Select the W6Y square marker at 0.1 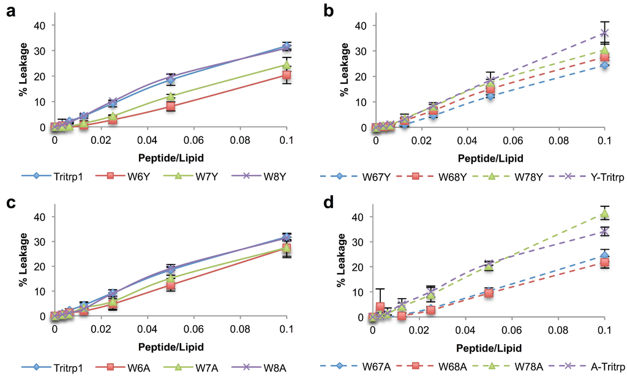287,75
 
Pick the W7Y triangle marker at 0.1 287,64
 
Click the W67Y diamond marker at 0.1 605,65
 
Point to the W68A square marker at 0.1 605,262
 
